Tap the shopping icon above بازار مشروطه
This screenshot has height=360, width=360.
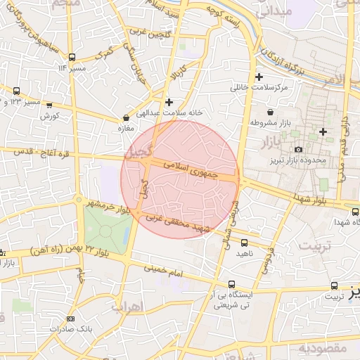coord(271,112)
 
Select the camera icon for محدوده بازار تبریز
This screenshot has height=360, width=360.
coord(299,149)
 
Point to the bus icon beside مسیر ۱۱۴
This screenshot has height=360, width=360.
coord(72,58)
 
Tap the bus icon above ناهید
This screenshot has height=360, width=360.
coord(242,241)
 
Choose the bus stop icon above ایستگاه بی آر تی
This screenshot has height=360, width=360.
coord(231,285)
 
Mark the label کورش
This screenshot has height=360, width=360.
coord(48,115)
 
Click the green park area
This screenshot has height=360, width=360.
coord(105,226)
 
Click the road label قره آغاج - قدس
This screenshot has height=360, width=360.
coord(33,150)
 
